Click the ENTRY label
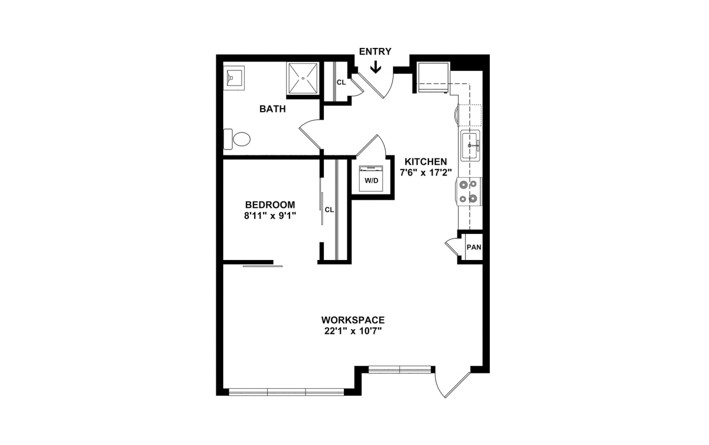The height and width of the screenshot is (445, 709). pos(375,51)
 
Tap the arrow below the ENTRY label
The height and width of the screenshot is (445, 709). pos(376,67)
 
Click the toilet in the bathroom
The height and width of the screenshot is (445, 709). pos(237,139)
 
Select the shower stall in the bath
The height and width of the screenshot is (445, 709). pos(303,78)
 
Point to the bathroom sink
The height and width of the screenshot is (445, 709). pos(234,78)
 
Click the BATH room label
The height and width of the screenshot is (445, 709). pos(272,109)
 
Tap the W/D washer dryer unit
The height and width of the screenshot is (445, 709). pos(371,178)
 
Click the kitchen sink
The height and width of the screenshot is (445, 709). pos(470,145)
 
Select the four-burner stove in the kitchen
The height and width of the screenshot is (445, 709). pos(469,191)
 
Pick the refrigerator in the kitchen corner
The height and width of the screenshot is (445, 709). pos(434,77)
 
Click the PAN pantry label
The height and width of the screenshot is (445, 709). pos(474,247)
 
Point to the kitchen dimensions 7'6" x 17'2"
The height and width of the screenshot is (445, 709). pos(426,173)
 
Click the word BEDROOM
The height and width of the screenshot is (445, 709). pos(270,204)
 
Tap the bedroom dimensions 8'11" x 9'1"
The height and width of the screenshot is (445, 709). pos(270,216)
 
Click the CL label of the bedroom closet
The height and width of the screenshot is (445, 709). pos(329,210)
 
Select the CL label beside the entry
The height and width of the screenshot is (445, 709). pos(341,82)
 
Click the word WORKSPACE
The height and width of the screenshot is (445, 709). pos(353,320)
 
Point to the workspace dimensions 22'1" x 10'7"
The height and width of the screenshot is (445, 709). pos(353,331)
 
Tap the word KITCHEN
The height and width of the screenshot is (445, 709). pos(426,162)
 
